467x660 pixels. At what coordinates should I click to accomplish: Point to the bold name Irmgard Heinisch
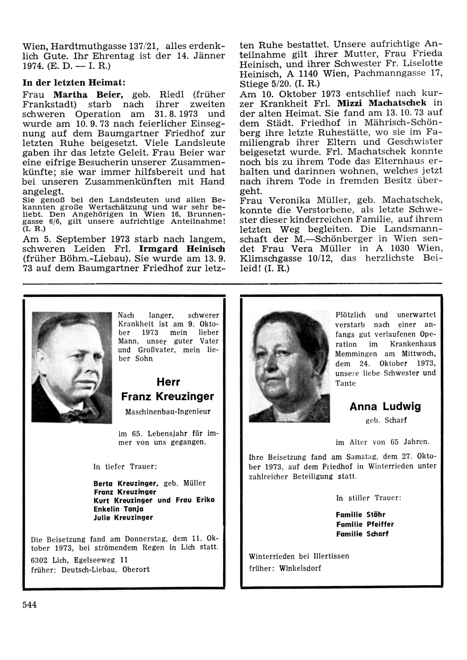coord(182,249)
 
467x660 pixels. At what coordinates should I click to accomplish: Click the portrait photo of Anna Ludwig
coord(289,367)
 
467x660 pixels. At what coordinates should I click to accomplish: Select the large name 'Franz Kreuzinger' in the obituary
coord(168,397)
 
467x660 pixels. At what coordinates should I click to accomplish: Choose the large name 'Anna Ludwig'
coord(385,406)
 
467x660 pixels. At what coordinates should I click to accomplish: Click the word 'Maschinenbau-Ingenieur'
coord(168,412)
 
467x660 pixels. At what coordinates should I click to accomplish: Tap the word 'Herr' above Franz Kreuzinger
coord(168,382)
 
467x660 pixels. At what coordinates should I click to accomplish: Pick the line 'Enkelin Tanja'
coord(118,509)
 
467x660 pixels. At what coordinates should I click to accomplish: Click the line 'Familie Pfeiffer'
coord(365,524)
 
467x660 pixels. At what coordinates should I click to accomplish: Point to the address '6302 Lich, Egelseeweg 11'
coord(79,560)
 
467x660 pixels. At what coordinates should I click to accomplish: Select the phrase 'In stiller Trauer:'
coord(368,498)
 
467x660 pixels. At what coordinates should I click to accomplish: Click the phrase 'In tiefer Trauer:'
coord(125,466)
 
